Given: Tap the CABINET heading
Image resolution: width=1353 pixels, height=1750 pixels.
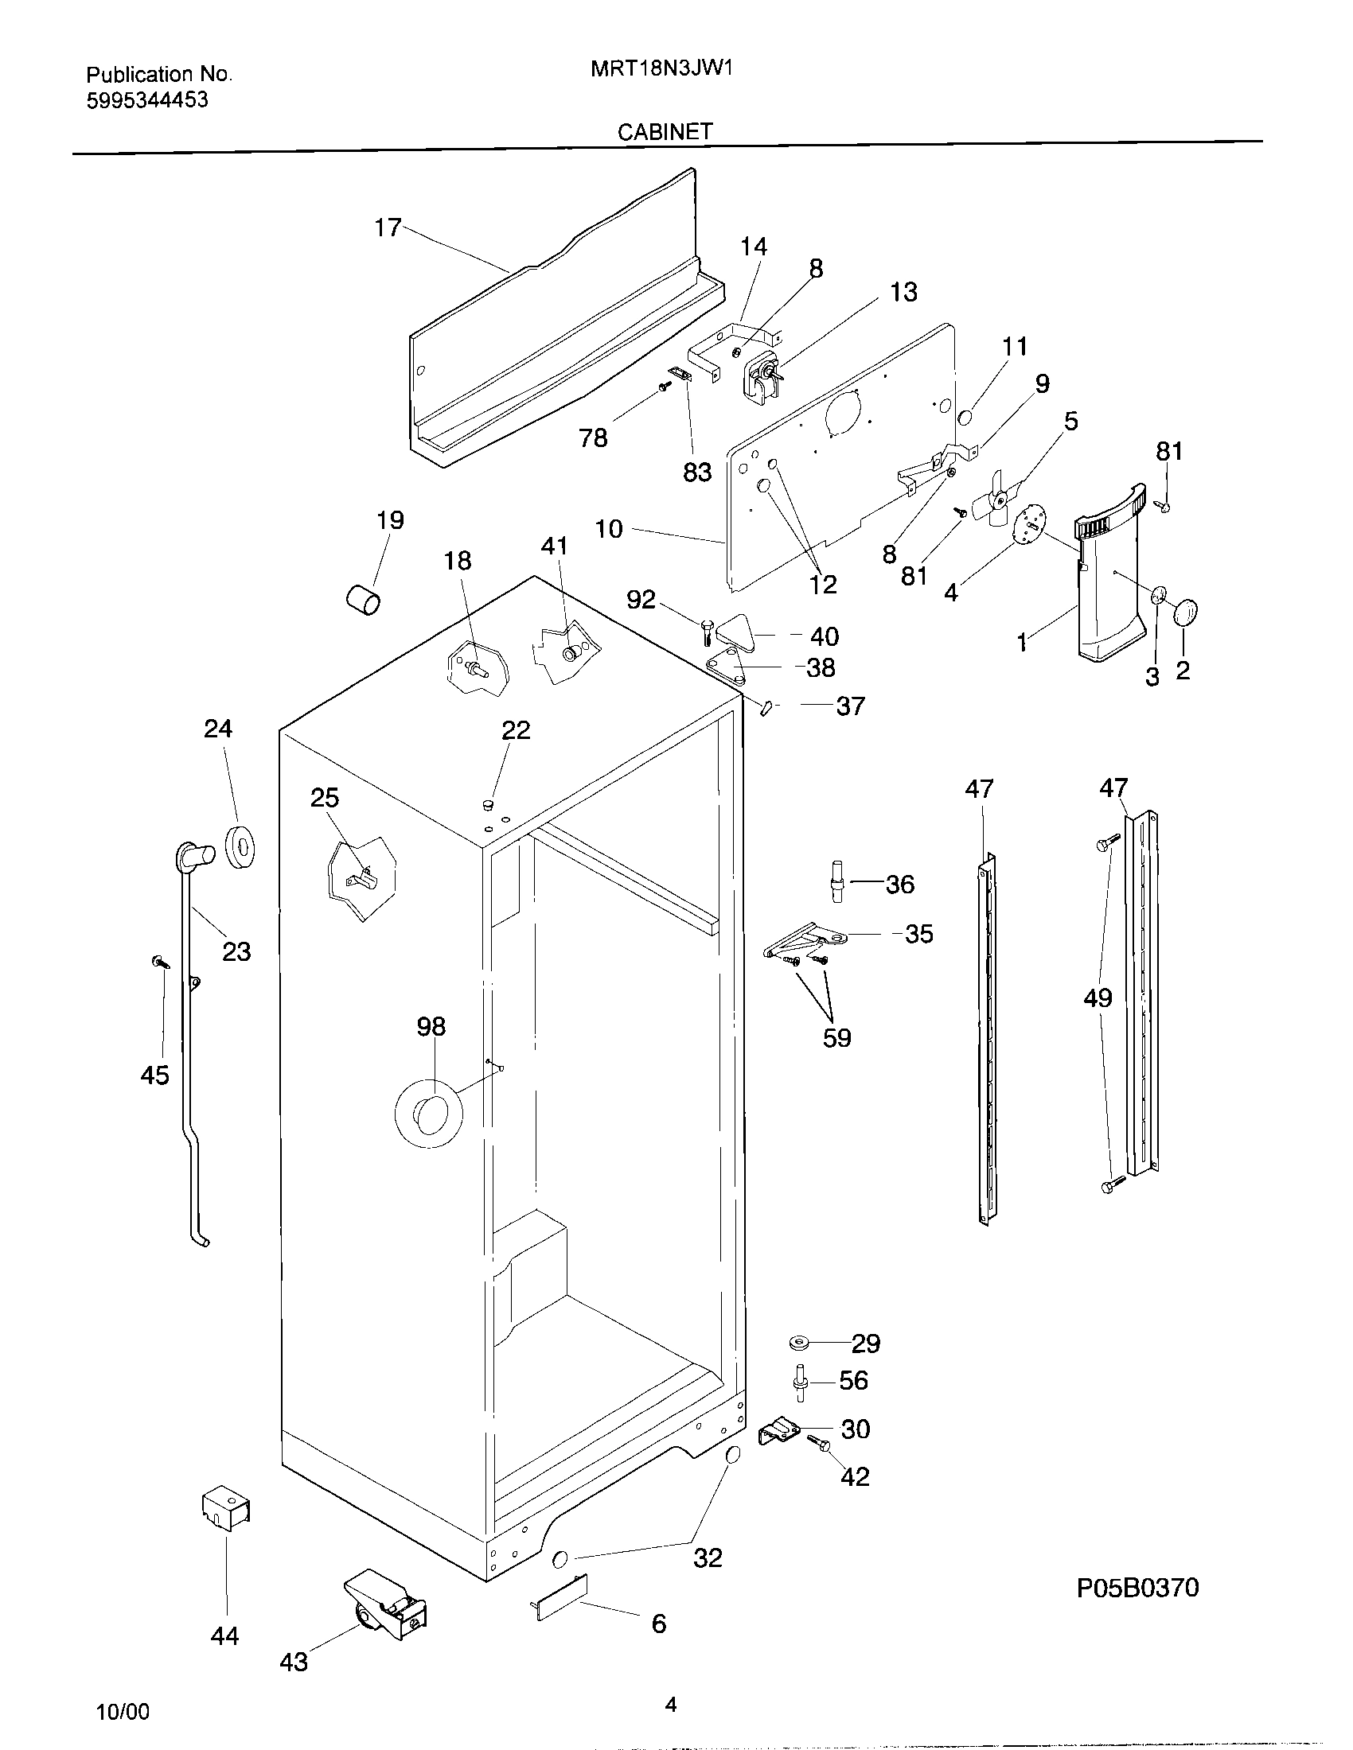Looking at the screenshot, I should tap(665, 131).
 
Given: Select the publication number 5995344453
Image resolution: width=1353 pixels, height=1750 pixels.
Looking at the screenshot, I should tap(146, 100).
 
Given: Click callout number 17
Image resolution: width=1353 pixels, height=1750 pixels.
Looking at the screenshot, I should tap(387, 228).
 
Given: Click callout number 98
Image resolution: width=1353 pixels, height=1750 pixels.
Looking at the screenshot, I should tap(431, 1026).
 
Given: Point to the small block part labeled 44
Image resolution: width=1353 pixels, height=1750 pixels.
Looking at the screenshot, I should tap(226, 1508).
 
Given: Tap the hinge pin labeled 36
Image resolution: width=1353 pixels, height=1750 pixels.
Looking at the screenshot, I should tap(836, 881).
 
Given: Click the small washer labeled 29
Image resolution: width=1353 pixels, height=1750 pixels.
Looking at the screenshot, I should tap(798, 1341).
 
